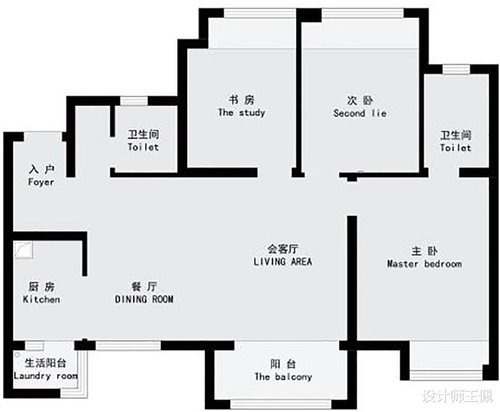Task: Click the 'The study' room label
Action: tap(241, 112)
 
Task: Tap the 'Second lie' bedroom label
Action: tap(360, 113)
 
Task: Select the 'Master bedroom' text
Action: tap(424, 264)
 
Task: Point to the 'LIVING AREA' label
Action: tap(282, 262)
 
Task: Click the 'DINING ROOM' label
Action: tap(144, 299)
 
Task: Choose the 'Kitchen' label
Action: tap(41, 299)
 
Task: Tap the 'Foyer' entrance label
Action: tap(41, 182)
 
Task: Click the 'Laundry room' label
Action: tap(45, 375)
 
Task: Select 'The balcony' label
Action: tap(283, 376)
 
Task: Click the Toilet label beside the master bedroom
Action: tap(456, 148)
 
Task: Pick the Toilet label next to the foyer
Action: tap(143, 147)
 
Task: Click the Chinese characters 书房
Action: tap(241, 100)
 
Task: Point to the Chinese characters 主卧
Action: tap(424, 251)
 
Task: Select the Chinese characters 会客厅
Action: tap(282, 249)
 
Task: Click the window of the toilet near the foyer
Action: tap(134, 100)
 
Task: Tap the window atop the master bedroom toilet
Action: tap(456, 69)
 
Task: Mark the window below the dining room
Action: tap(128, 345)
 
